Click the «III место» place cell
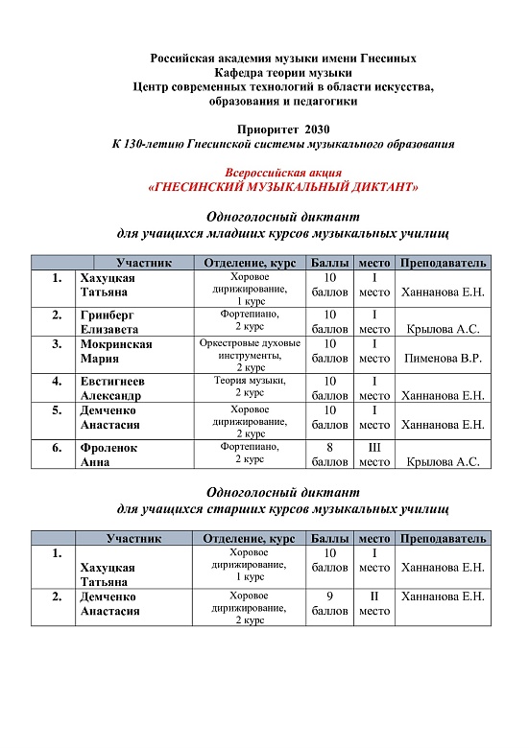[x=374, y=454]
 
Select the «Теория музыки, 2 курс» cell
[x=250, y=386]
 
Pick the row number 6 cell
[x=58, y=448]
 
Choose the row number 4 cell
[x=58, y=381]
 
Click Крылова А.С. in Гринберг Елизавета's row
[x=443, y=329]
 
